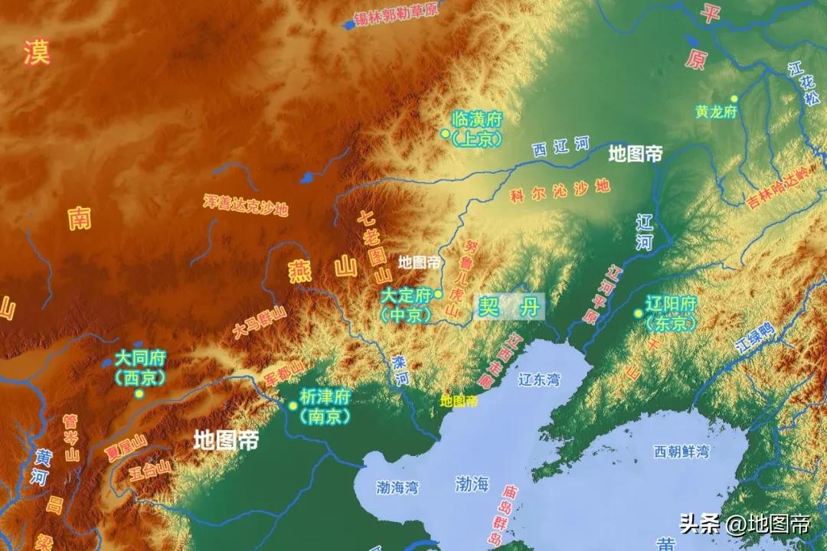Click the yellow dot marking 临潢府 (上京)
(445, 133)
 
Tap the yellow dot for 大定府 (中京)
(439, 294)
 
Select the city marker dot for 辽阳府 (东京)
(638, 313)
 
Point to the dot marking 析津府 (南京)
(293, 406)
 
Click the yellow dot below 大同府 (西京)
(139, 393)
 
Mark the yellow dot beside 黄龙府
(734, 98)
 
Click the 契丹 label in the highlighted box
(508, 307)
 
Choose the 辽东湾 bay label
(540, 379)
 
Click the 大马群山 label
(260, 323)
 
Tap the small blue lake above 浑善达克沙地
(307, 178)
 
